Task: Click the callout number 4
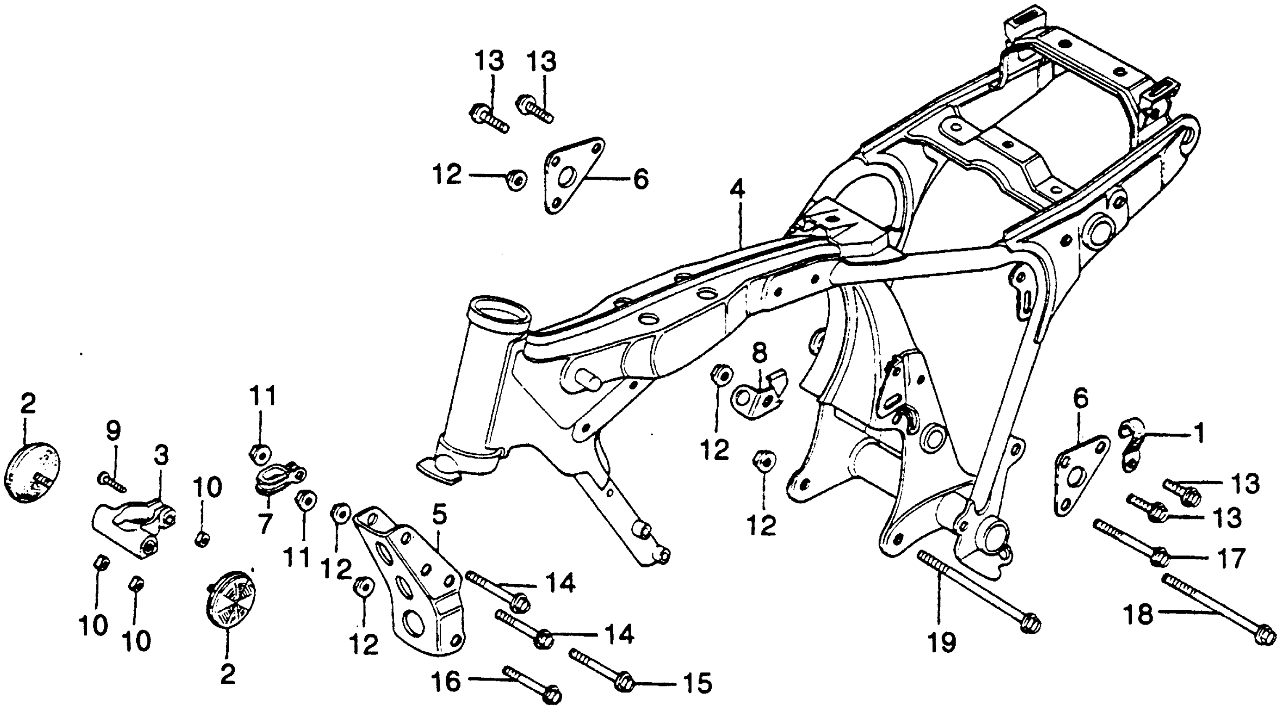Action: tap(737, 191)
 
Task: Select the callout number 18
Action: tap(1139, 614)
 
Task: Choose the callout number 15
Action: tap(699, 683)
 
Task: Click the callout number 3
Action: tap(161, 455)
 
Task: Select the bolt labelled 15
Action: tap(599, 669)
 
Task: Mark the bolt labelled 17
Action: tap(1130, 545)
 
